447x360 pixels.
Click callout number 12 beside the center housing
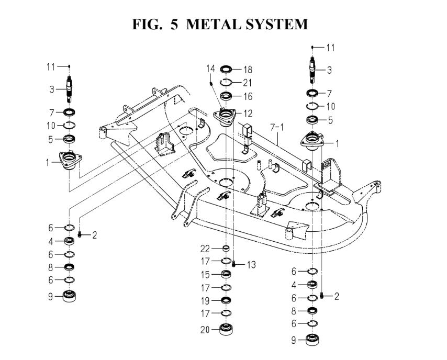click(247, 114)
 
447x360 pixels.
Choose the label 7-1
click(276, 127)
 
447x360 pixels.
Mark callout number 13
click(251, 265)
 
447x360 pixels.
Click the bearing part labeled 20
click(226, 330)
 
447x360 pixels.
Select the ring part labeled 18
click(226, 69)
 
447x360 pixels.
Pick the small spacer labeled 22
click(226, 248)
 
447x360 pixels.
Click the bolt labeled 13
click(235, 264)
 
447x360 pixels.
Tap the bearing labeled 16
click(226, 95)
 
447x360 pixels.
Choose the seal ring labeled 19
click(226, 300)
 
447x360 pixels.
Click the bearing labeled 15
click(226, 275)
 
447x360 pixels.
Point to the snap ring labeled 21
click(226, 82)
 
